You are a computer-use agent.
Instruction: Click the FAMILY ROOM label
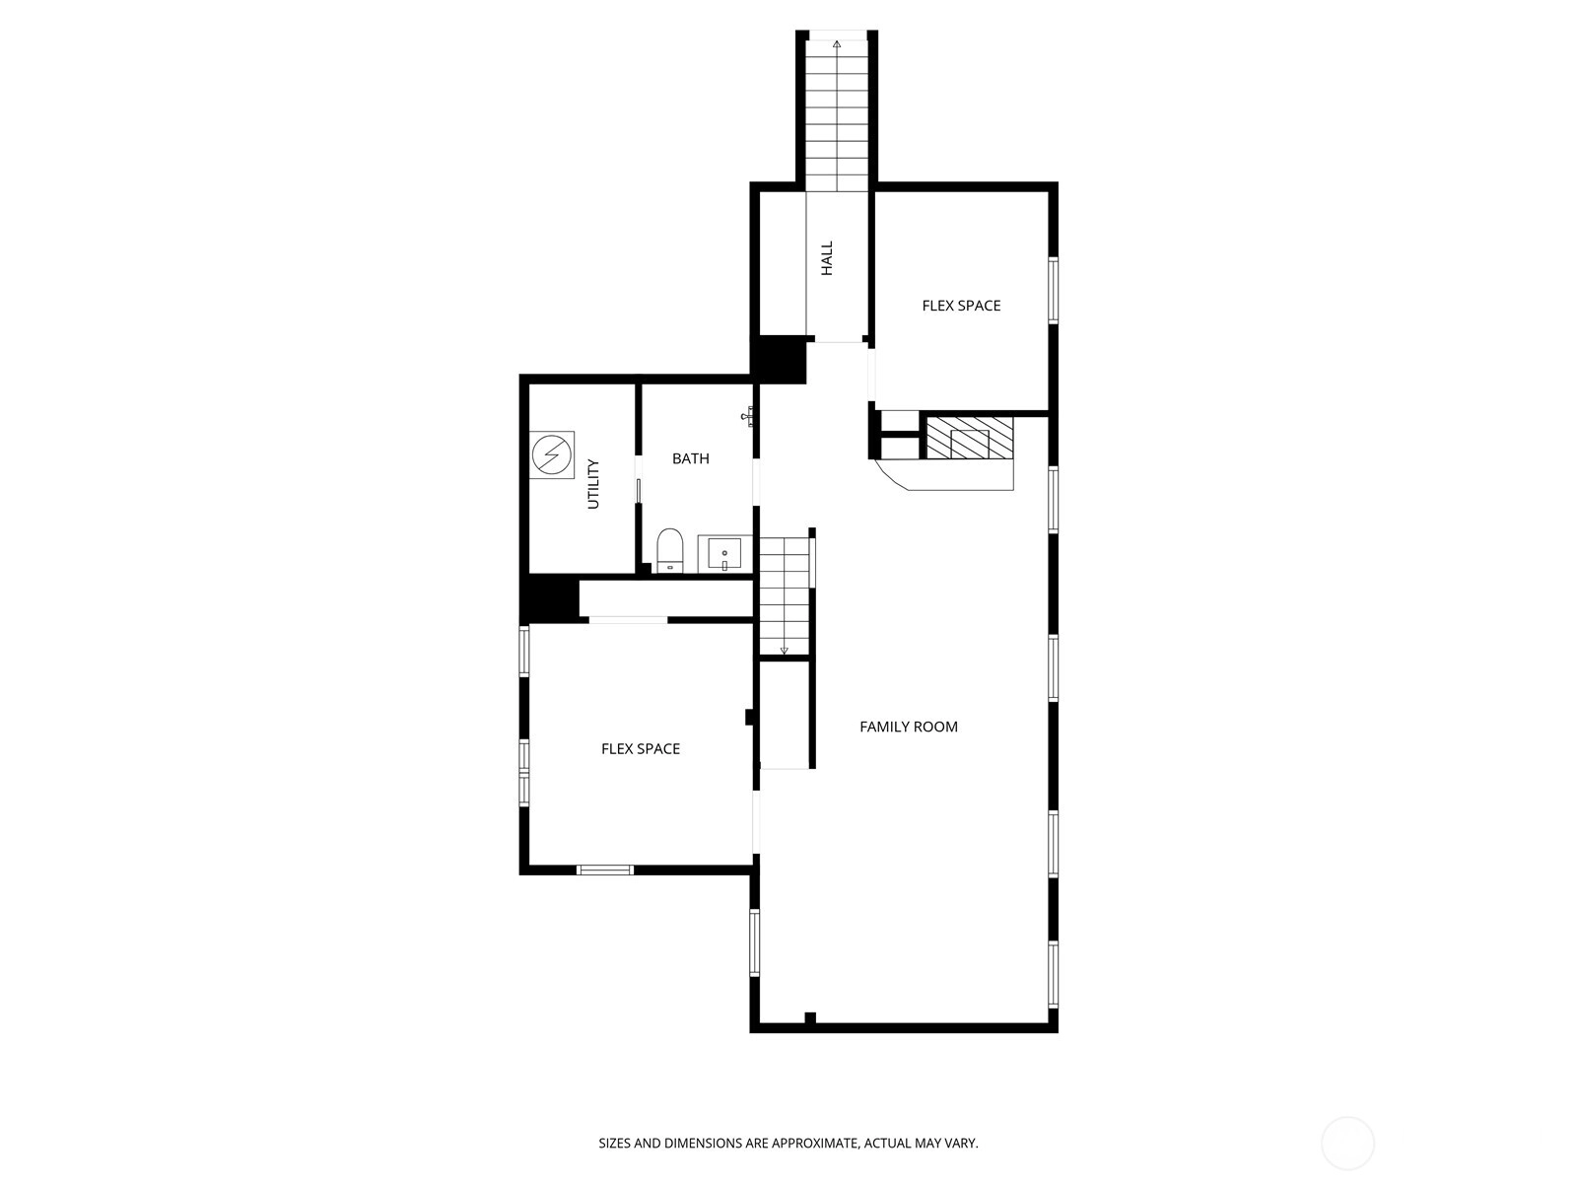click(908, 727)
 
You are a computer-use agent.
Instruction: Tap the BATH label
click(691, 458)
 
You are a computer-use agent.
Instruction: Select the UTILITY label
click(592, 484)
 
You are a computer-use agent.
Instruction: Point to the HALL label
click(827, 258)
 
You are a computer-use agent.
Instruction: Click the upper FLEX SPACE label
click(961, 306)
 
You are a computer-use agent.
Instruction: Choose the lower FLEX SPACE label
click(640, 748)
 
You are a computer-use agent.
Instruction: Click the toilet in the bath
click(669, 550)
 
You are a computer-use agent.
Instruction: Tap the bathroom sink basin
click(724, 554)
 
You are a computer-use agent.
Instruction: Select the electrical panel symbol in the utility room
click(552, 454)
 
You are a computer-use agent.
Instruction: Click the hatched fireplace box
click(969, 438)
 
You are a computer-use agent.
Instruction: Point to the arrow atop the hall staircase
click(836, 43)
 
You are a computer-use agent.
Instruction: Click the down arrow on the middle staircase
click(784, 651)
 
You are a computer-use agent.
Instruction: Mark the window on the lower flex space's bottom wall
click(605, 870)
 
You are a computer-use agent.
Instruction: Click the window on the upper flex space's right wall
click(1054, 290)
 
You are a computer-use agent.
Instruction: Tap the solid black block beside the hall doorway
click(778, 359)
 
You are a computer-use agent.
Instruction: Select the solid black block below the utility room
click(550, 598)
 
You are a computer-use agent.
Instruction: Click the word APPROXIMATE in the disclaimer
click(815, 1143)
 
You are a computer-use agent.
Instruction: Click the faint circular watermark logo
click(1347, 1144)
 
